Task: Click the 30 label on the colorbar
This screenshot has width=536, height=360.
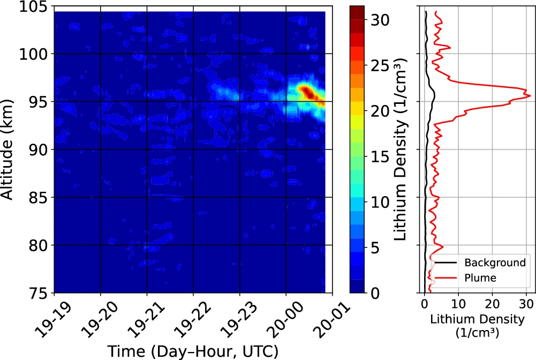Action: point(379,19)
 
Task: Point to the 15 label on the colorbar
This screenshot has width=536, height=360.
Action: point(379,156)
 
